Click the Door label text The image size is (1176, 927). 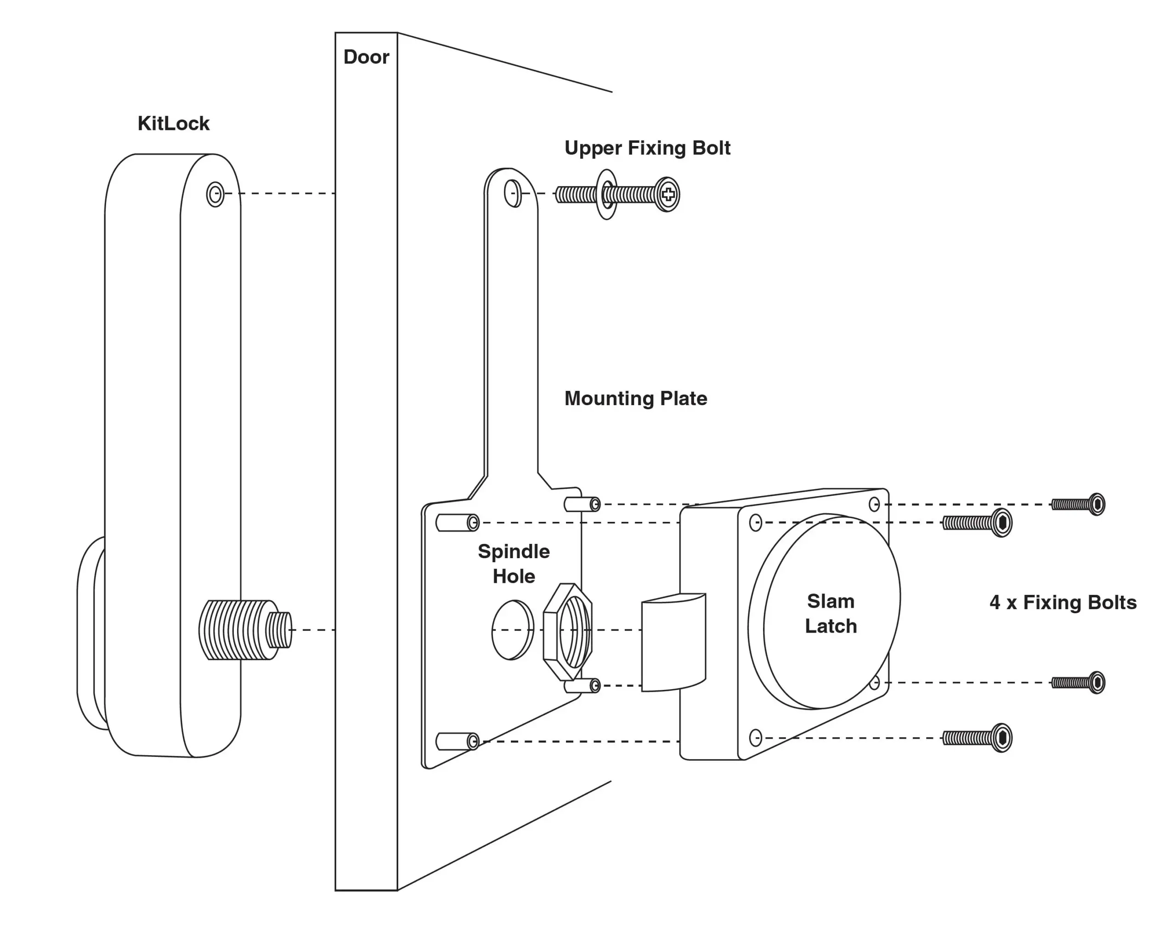[366, 57]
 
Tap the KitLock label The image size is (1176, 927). [173, 124]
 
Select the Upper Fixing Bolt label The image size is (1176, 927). [647, 148]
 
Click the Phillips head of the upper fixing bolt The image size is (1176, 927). [667, 194]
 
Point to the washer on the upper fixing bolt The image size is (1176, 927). [606, 194]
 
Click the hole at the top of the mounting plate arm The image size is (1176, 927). [512, 193]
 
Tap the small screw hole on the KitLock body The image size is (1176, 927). [215, 194]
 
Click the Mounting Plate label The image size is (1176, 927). [635, 399]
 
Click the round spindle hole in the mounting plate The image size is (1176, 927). [512, 630]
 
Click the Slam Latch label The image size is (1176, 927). [830, 614]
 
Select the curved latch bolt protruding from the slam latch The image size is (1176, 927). [673, 643]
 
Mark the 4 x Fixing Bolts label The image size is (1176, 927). [1063, 602]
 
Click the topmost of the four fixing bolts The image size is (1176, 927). [1078, 504]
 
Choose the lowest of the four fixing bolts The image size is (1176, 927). [977, 738]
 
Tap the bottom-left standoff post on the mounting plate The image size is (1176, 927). [457, 741]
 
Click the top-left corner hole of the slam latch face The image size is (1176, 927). [755, 523]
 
